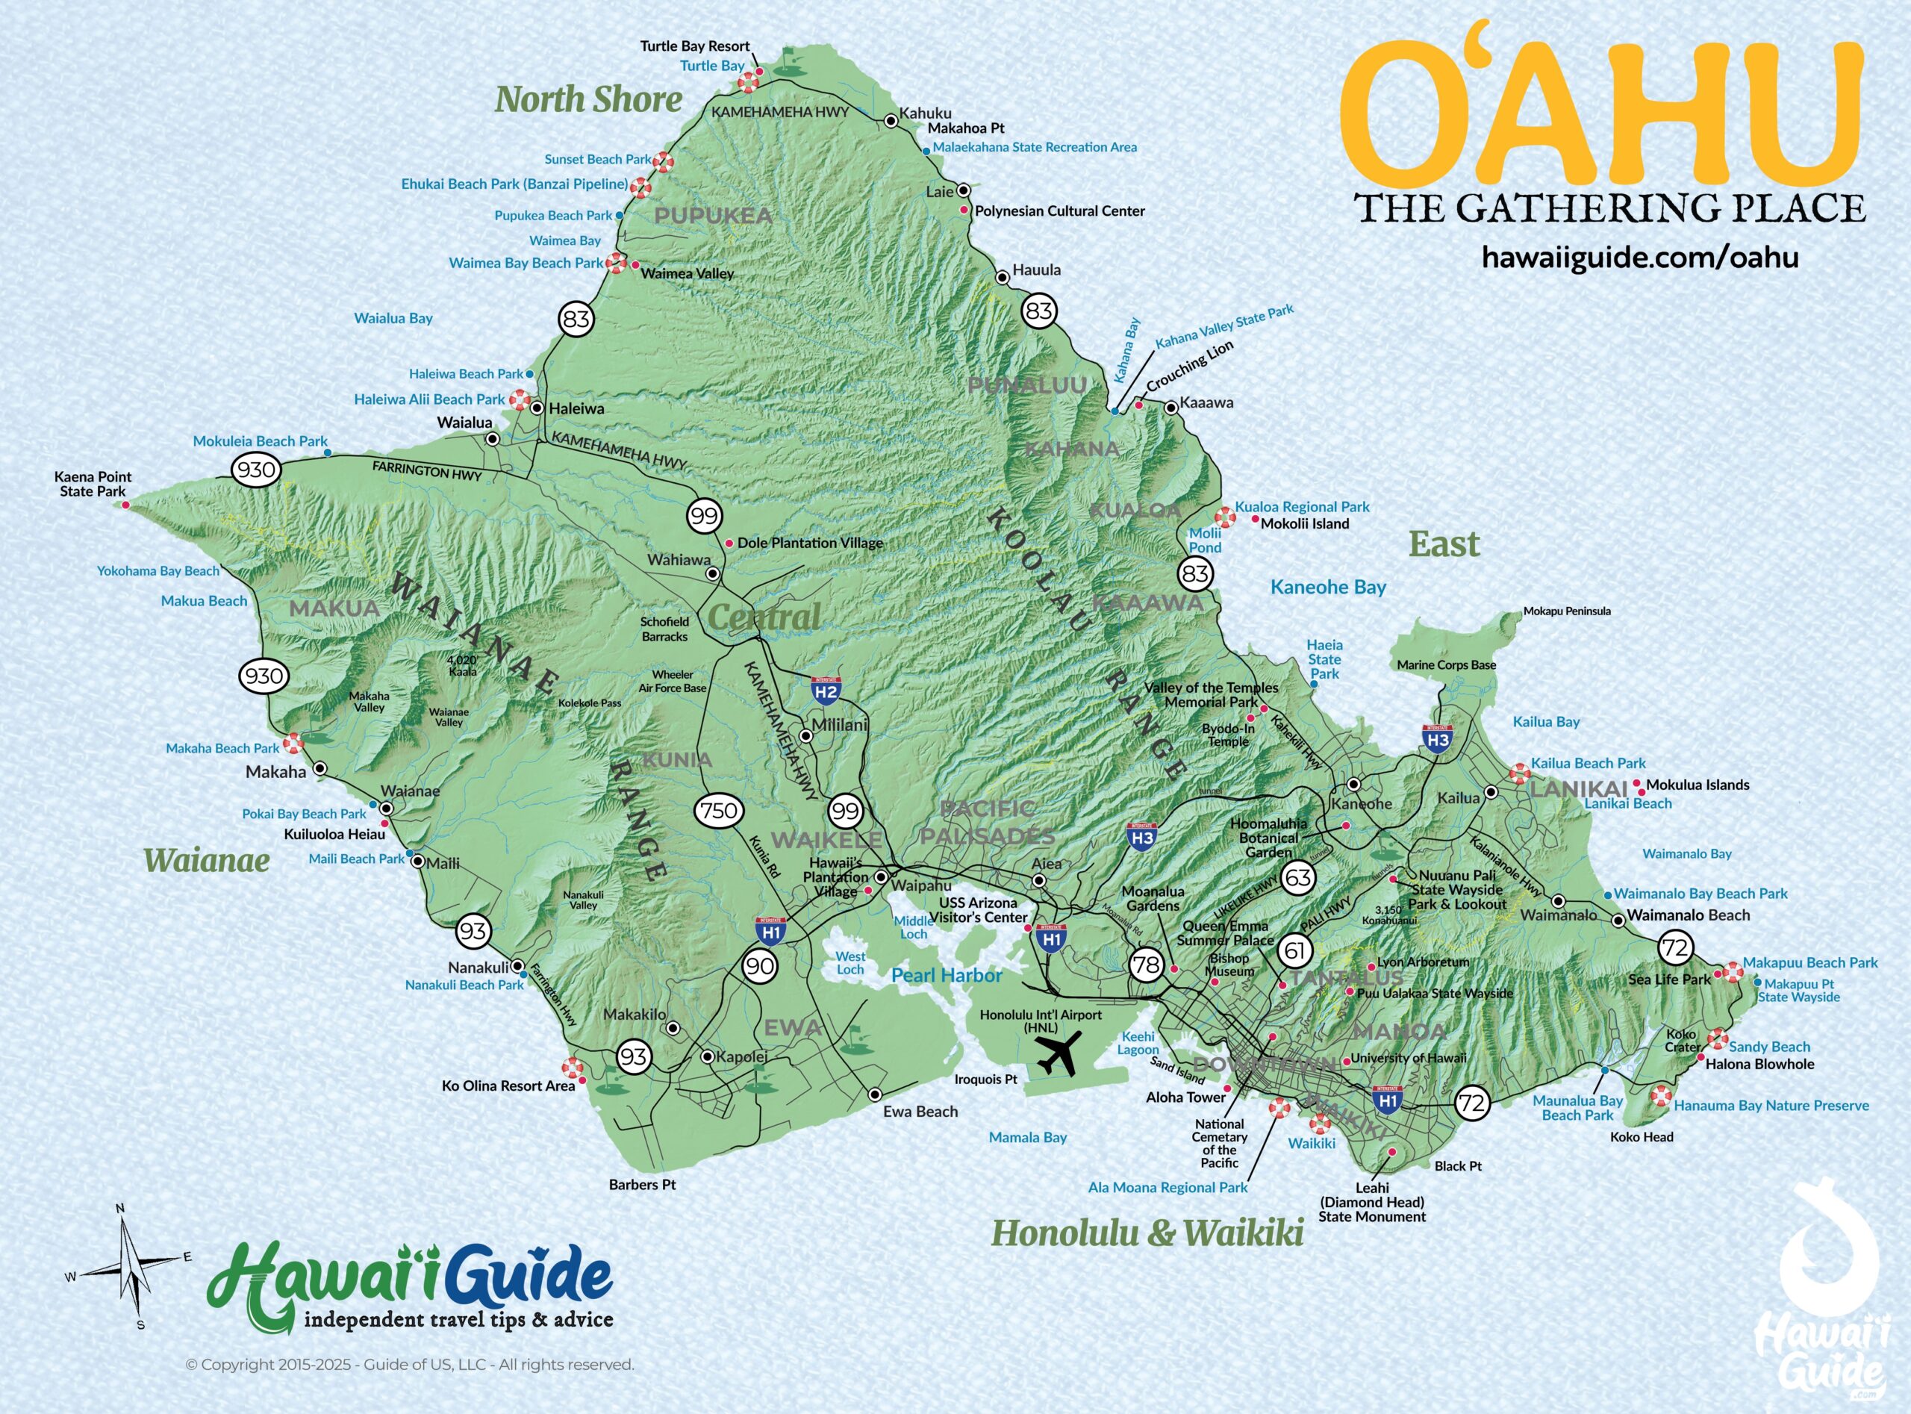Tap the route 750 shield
[718, 811]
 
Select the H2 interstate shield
[826, 690]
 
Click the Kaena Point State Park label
[93, 484]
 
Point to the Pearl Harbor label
[947, 975]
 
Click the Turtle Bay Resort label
[695, 46]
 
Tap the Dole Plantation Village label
[810, 543]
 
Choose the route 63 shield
[1298, 877]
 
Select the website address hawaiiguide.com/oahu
[1640, 257]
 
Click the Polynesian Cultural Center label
[1059, 211]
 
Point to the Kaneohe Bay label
[1327, 587]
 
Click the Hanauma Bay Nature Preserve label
[1771, 1105]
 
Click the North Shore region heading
[589, 99]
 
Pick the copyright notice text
[410, 1365]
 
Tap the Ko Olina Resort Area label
[508, 1086]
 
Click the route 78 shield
[1145, 965]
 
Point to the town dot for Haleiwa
[537, 408]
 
